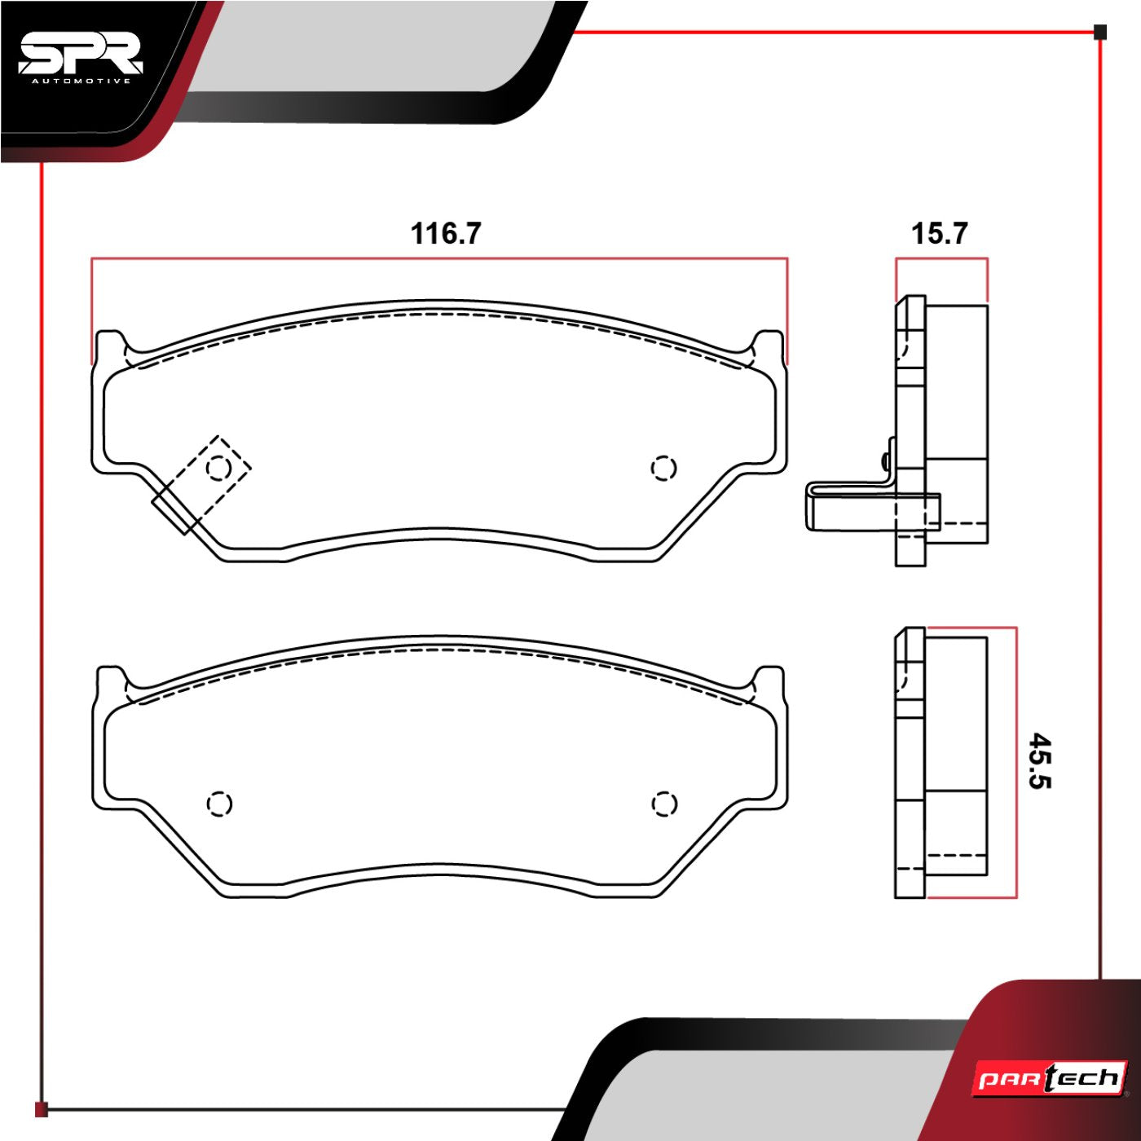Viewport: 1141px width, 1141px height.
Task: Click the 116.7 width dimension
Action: pyautogui.click(x=446, y=233)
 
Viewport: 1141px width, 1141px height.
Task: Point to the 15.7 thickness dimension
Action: pyautogui.click(x=940, y=233)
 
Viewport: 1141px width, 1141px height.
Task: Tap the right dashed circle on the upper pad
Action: pyautogui.click(x=663, y=469)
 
